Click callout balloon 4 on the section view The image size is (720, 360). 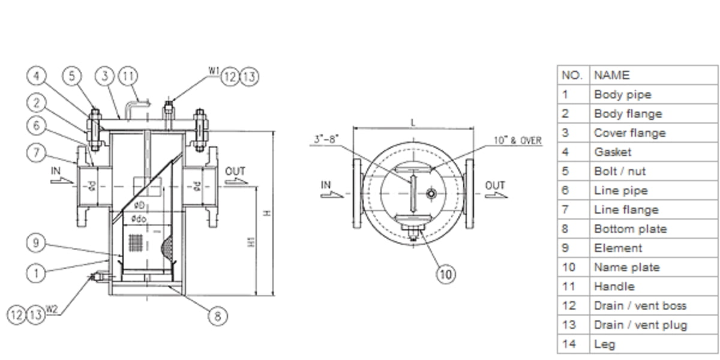(x=37, y=76)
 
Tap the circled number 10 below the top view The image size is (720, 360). (x=445, y=274)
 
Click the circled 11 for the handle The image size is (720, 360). (x=127, y=76)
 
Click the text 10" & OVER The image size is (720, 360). (x=517, y=141)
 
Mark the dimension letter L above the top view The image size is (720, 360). (x=412, y=122)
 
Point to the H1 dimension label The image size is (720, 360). (x=251, y=241)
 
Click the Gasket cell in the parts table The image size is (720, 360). (x=613, y=152)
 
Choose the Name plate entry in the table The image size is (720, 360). (x=626, y=268)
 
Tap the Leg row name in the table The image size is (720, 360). (x=604, y=344)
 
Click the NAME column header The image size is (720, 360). (x=612, y=75)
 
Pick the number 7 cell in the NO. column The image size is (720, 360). (x=565, y=210)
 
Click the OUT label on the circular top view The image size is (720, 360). (x=495, y=186)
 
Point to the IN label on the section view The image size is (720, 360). (x=56, y=171)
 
